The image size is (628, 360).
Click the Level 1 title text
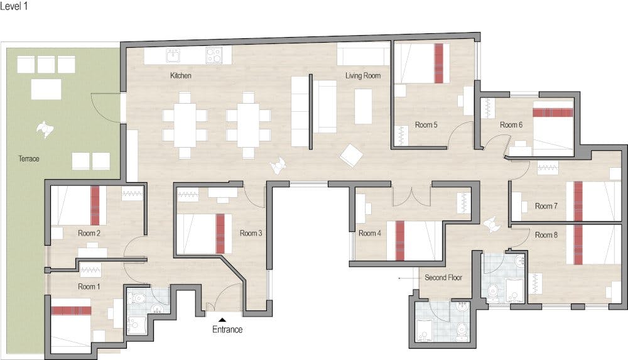click(x=14, y=6)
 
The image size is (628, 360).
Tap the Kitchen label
click(x=181, y=75)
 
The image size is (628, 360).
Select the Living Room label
click(x=363, y=75)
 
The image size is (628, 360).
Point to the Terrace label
click(x=29, y=158)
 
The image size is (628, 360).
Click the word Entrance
click(x=227, y=330)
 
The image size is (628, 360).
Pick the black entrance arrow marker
click(x=222, y=320)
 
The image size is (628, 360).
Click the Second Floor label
click(x=443, y=278)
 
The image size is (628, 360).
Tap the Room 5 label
click(x=426, y=124)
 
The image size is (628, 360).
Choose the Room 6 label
click(x=511, y=124)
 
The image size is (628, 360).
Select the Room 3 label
click(x=251, y=233)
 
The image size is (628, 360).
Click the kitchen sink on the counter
click(x=173, y=56)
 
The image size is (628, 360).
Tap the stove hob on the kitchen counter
click(x=214, y=55)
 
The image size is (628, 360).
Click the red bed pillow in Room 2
click(x=95, y=205)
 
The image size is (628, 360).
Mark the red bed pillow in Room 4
click(x=400, y=241)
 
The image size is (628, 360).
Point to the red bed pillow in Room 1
click(x=72, y=311)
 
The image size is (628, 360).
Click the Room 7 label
click(x=546, y=206)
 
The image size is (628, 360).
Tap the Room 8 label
click(x=546, y=235)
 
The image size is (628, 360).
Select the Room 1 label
click(x=89, y=286)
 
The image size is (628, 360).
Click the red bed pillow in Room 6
click(x=553, y=112)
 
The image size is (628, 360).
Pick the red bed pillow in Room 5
click(x=440, y=63)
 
